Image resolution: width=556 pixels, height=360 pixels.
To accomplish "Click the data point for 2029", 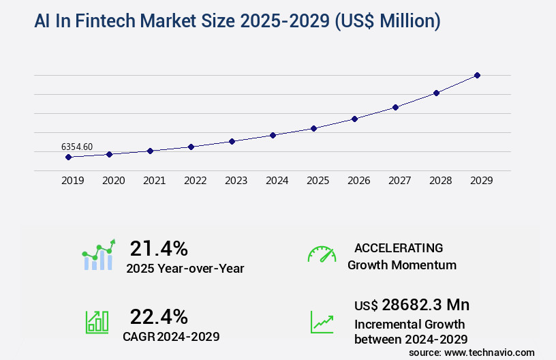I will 477,75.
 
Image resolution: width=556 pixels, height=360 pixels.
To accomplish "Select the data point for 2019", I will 68,157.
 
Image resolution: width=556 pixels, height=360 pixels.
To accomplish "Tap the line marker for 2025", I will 313,128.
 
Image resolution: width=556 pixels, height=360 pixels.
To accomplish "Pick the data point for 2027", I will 395,107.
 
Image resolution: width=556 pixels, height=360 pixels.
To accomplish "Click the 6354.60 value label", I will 77,147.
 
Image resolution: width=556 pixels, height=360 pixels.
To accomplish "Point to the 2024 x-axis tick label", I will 277,181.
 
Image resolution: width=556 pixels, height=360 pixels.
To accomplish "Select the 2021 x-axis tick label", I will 154,181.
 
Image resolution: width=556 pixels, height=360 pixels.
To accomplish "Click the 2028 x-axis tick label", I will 440,181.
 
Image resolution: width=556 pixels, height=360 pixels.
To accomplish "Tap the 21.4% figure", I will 159,248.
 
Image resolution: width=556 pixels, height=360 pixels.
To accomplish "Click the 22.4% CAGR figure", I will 159,316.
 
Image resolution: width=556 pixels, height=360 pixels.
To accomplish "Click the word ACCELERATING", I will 399,248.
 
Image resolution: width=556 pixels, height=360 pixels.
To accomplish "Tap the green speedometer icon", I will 322,254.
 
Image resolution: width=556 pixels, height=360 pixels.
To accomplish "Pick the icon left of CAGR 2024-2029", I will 97,322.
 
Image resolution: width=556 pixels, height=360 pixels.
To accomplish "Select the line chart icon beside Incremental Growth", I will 322,322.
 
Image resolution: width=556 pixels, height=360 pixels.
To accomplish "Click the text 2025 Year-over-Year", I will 185,269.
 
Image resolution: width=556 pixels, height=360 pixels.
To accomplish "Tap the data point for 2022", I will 191,147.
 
